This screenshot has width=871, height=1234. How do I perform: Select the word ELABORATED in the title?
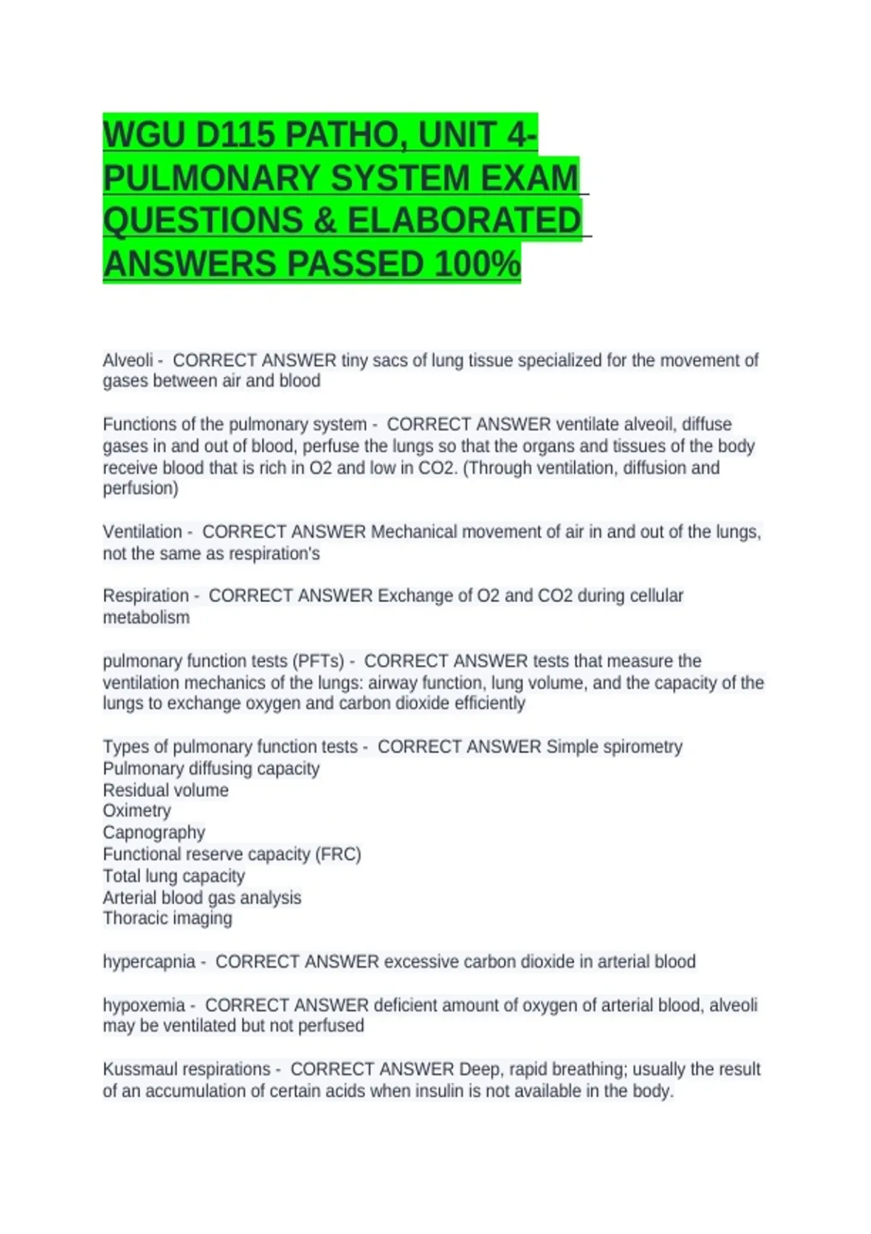[465, 221]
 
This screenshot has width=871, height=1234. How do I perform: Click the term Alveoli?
[128, 361]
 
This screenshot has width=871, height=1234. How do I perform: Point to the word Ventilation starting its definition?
[142, 532]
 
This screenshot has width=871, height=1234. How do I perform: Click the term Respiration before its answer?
[146, 596]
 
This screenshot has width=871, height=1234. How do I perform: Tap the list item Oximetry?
[137, 811]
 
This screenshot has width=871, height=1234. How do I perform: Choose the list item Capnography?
[154, 833]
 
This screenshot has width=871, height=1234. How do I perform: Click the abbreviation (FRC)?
[338, 854]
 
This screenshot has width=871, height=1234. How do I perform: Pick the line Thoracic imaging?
[168, 918]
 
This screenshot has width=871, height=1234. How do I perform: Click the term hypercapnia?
[149, 962]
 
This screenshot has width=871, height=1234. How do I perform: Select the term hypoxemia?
[144, 1005]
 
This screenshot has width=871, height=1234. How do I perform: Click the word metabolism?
[146, 618]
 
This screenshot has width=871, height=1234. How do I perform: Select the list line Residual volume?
[165, 790]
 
